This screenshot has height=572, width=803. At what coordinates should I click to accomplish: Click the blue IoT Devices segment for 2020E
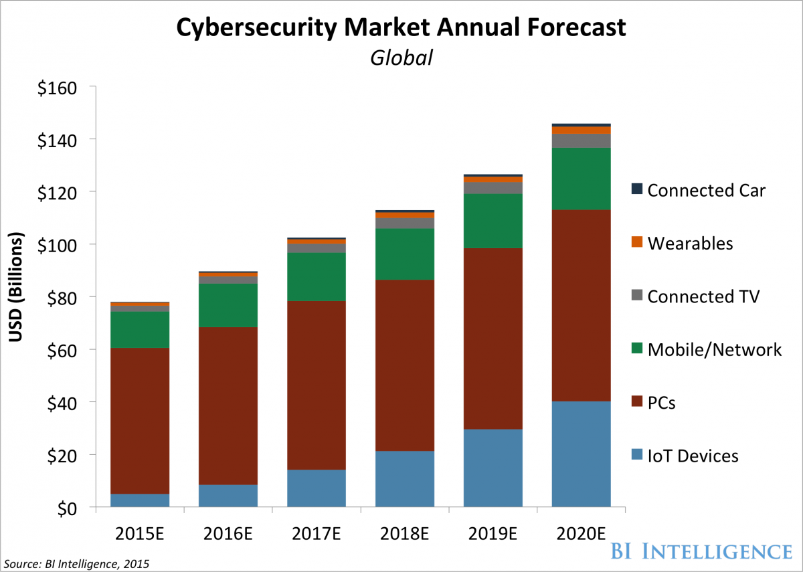(x=582, y=454)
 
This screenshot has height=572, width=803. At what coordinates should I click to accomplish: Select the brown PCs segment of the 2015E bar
(x=140, y=420)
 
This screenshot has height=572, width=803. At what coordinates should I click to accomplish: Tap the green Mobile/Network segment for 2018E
(x=405, y=254)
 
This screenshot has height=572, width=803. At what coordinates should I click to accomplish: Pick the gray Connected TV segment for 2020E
(x=582, y=140)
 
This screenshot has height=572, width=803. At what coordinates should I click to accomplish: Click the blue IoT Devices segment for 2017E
(x=317, y=488)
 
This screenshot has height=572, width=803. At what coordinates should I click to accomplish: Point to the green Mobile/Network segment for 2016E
(x=228, y=305)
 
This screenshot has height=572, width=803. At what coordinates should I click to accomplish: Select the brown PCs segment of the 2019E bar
(x=493, y=339)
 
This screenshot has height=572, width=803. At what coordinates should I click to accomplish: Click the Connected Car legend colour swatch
(x=636, y=190)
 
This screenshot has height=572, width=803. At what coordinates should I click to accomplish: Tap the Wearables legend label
(x=690, y=243)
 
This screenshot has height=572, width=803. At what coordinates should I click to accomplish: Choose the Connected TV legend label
(x=703, y=296)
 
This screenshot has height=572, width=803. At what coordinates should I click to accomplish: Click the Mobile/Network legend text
(x=714, y=349)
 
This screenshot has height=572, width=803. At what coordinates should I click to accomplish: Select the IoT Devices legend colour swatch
(x=636, y=456)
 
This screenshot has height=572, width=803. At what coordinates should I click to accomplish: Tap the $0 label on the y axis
(x=68, y=508)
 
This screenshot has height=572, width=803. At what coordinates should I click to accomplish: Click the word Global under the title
(x=401, y=58)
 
